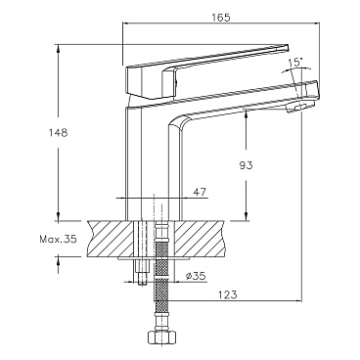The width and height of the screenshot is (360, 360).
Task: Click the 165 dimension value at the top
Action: pos(221,17)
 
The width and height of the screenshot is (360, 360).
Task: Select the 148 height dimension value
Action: pos(58,133)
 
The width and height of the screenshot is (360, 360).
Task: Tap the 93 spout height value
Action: pos(247,165)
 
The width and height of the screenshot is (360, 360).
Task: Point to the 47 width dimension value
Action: pos(200,192)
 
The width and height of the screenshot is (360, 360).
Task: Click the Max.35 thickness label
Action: pos(58,240)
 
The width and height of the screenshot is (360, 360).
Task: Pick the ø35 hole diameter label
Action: pos(195,277)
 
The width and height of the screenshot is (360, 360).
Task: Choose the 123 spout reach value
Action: pos(228,294)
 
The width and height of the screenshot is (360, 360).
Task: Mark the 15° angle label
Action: pos(295,63)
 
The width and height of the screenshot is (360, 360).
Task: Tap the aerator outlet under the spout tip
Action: pos(299,108)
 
